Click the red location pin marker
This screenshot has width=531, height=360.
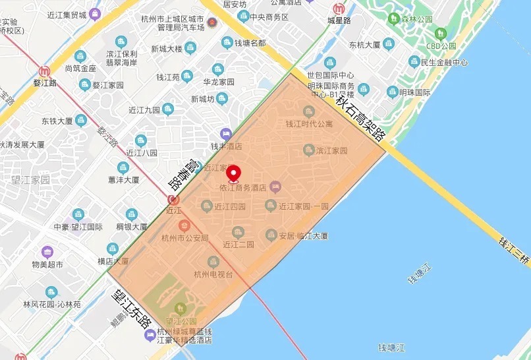233,173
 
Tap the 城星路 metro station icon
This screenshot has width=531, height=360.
339,9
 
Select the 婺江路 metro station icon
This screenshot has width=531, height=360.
45,71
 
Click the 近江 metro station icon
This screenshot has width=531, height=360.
174,200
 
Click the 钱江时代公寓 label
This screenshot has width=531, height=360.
309,123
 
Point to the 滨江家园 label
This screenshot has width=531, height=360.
331,150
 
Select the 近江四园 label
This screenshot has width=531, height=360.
230,206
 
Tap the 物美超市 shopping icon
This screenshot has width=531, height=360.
47,252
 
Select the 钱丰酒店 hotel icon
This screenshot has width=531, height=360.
226,134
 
